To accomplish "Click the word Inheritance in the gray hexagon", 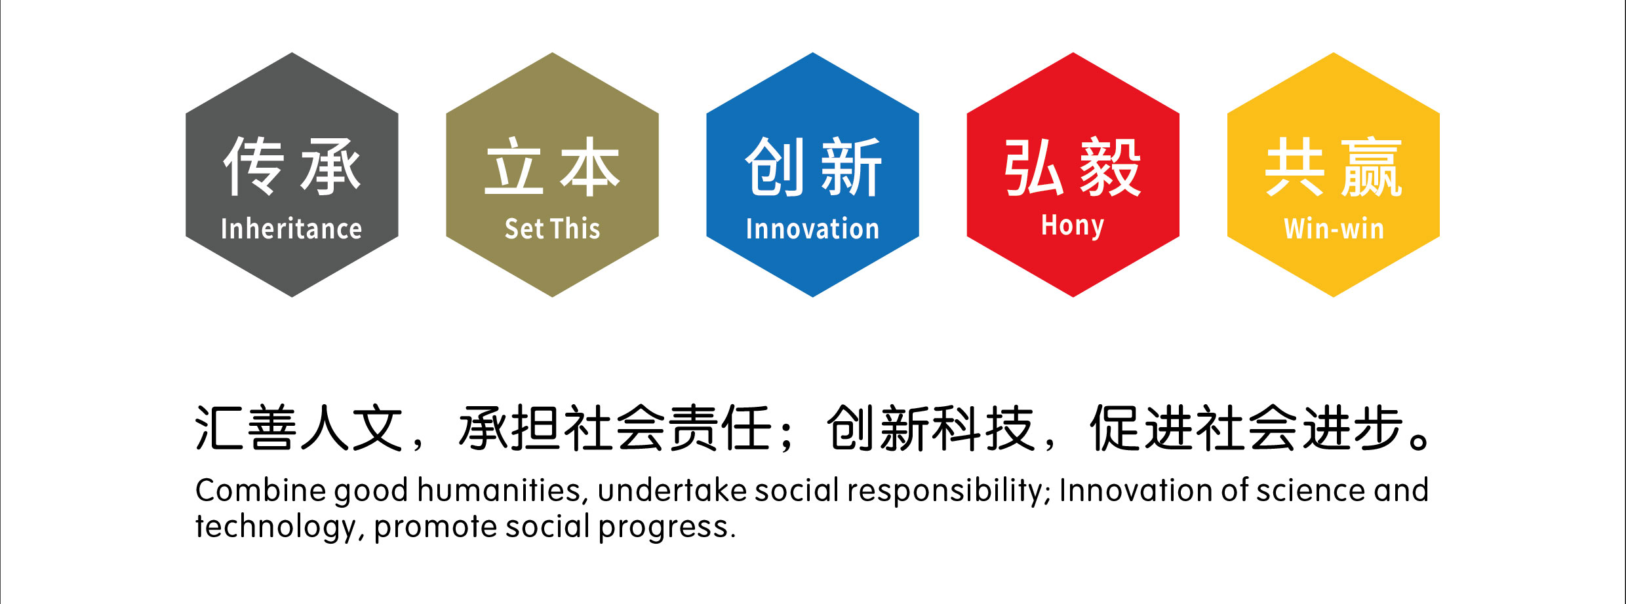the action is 291,229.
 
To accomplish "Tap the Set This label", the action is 552,229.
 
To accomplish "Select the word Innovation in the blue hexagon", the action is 812,229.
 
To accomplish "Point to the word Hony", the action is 1073,226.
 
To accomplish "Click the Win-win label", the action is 1334,229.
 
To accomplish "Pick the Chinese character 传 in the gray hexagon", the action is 254,166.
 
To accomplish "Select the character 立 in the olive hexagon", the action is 514,166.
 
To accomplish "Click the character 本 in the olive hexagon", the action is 590,166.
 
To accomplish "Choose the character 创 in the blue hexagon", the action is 774,166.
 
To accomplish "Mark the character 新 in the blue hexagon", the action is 851,166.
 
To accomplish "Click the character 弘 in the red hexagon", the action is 1035,166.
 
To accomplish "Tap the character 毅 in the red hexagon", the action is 1111,166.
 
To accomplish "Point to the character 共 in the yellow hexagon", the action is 1296,166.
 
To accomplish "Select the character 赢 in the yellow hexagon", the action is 1372,166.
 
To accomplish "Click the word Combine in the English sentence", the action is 260,490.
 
